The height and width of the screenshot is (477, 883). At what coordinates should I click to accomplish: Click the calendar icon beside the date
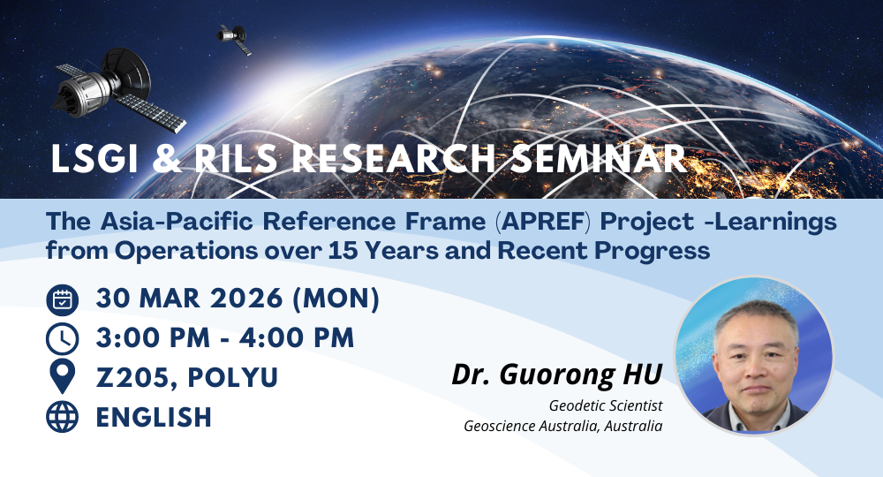point(62,300)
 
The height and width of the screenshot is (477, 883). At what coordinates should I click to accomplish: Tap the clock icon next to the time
point(62,339)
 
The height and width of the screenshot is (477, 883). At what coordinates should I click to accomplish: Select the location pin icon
point(62,377)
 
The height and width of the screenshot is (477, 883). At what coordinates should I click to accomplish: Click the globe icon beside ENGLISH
point(62,417)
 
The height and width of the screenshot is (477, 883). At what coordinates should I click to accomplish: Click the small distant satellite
point(234,38)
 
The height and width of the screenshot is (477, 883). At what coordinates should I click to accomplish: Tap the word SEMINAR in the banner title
point(598,159)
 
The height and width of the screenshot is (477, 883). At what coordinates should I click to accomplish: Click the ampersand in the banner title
point(166,159)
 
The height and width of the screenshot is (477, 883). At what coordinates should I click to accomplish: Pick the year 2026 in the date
point(246,299)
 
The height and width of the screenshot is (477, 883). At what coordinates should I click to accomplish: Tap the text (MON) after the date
point(336,299)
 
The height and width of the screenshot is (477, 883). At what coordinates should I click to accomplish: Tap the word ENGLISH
point(154,417)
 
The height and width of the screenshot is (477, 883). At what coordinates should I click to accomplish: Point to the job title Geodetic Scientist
point(606,405)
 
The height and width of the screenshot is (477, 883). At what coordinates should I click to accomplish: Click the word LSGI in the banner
point(94,159)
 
